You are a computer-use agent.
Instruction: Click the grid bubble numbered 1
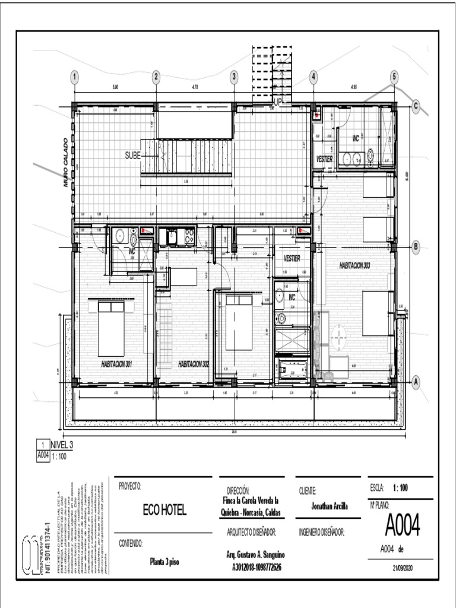pos(74,77)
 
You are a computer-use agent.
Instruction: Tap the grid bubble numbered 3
pos(234,77)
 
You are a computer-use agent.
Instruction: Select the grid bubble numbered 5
pos(394,77)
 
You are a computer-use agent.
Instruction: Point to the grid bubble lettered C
pos(416,106)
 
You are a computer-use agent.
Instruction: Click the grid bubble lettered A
pos(416,382)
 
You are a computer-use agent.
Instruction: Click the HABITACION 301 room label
pos(116,363)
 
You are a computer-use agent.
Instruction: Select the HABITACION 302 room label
pos(194,363)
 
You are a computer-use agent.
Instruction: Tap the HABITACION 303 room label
pos(354,265)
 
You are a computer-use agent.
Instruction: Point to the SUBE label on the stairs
pos(132,156)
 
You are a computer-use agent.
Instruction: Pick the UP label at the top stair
pos(277,102)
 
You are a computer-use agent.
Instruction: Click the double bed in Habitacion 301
pos(111,328)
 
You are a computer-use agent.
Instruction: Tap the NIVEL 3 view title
pos(62,444)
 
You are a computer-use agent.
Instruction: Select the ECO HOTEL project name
pos(164,510)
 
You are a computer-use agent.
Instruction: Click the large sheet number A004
pos(402,524)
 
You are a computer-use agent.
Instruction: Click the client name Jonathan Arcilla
pos(330,506)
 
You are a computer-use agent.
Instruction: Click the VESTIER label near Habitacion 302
pos(292,259)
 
